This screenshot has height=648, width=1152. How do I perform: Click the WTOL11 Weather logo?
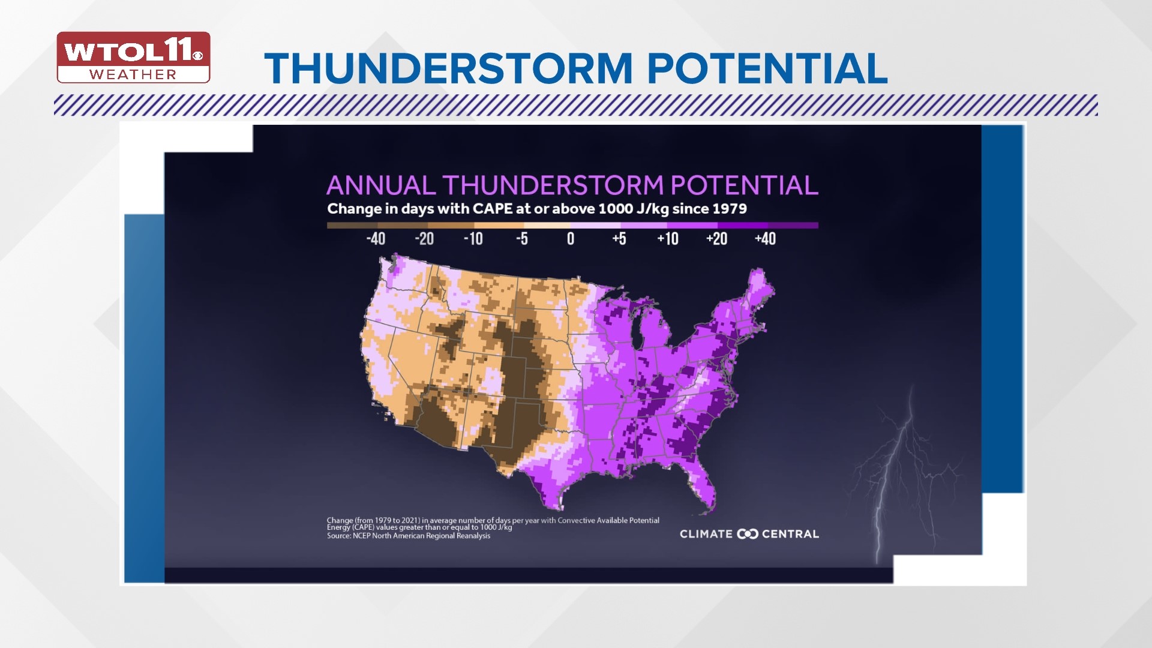[133, 58]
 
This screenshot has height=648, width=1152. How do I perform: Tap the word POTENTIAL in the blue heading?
[767, 68]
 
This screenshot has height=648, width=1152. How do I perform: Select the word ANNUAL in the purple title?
[380, 185]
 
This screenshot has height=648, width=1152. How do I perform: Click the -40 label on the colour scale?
[376, 239]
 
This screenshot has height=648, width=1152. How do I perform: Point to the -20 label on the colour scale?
[424, 239]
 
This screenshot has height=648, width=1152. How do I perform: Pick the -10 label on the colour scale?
[473, 239]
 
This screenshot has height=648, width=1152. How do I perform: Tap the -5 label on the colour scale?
[521, 239]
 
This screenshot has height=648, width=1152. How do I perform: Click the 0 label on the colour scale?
[571, 239]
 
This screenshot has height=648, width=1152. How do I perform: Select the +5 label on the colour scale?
[619, 239]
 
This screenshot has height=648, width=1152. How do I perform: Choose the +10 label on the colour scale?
[668, 239]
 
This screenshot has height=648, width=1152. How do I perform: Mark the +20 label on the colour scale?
[716, 239]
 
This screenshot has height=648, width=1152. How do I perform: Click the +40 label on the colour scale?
[765, 239]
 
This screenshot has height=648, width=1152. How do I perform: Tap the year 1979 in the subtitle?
[730, 209]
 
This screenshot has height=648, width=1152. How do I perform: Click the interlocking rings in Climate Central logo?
[748, 534]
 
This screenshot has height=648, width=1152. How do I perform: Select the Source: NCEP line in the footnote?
[409, 536]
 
